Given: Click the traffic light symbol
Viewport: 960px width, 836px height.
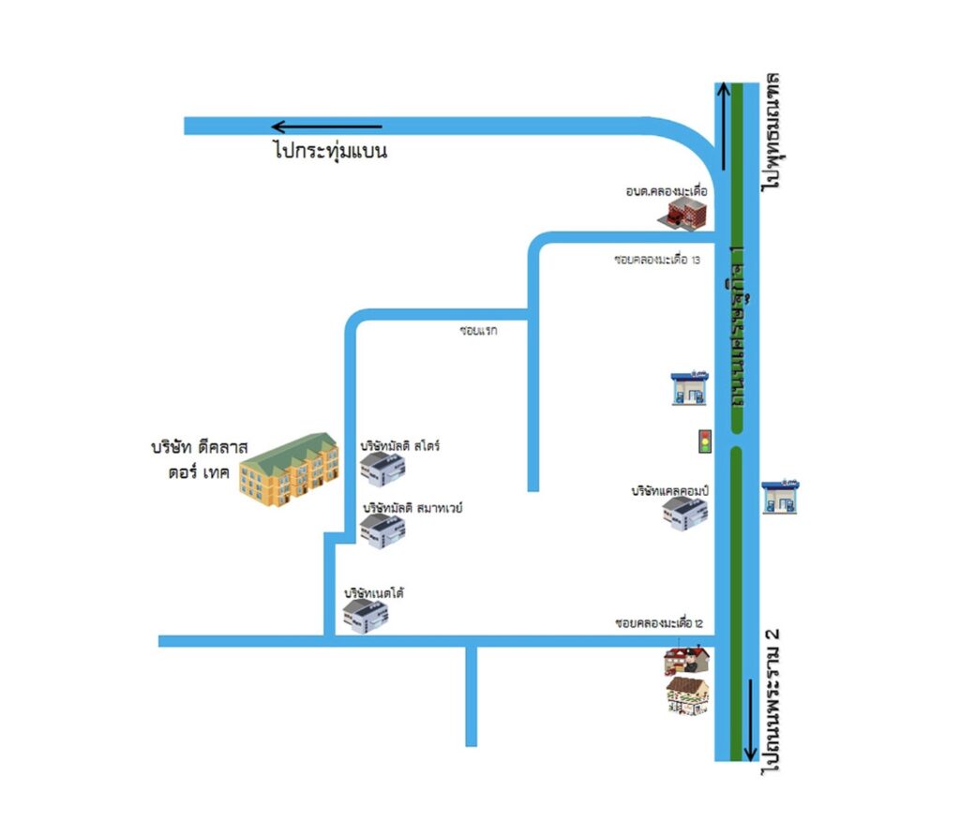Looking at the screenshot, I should pyautogui.click(x=704, y=441).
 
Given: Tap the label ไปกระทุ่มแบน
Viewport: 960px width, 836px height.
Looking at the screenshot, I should pyautogui.click(x=330, y=150).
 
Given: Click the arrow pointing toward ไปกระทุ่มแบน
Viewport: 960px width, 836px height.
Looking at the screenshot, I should pyautogui.click(x=326, y=127).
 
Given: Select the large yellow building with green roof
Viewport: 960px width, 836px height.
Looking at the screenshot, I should pyautogui.click(x=288, y=470).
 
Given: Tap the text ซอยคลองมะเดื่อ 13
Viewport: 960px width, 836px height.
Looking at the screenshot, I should pyautogui.click(x=658, y=261).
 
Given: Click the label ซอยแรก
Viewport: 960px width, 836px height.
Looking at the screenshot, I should pyautogui.click(x=477, y=331).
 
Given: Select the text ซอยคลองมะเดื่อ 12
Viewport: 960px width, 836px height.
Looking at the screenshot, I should pyautogui.click(x=659, y=623).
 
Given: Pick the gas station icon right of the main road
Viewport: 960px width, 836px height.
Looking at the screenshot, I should pyautogui.click(x=780, y=497).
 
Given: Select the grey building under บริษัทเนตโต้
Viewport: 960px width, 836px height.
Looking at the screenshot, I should pyautogui.click(x=366, y=616).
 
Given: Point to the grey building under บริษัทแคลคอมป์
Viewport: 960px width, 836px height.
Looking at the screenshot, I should pyautogui.click(x=685, y=514).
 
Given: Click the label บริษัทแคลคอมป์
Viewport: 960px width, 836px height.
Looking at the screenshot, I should pyautogui.click(x=668, y=490).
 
